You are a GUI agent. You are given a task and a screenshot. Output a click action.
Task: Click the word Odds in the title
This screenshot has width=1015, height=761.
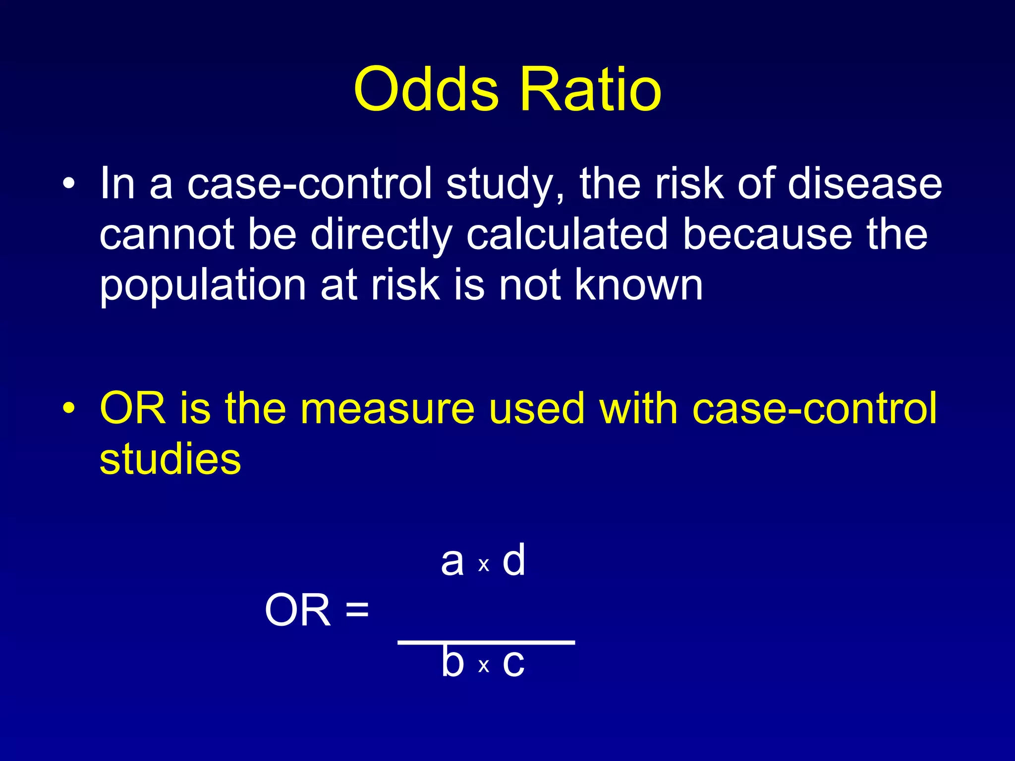coord(426,90)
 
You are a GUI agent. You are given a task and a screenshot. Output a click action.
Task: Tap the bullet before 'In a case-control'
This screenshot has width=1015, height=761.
coord(69,185)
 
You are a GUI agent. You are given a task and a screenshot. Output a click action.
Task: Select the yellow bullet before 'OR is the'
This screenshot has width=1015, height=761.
coord(69,409)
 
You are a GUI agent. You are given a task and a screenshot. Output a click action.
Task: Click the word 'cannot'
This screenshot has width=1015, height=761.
coord(167,235)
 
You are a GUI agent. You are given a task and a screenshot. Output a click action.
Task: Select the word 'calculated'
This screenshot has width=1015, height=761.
coord(567,235)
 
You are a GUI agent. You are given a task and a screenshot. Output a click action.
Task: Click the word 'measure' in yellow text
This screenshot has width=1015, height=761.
coord(388,409)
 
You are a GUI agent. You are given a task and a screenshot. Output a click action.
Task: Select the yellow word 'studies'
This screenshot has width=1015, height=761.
coord(170,459)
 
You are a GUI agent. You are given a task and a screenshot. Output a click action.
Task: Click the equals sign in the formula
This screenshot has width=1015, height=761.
coord(357,609)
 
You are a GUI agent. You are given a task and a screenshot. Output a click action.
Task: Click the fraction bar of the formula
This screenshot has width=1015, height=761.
coord(486,642)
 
